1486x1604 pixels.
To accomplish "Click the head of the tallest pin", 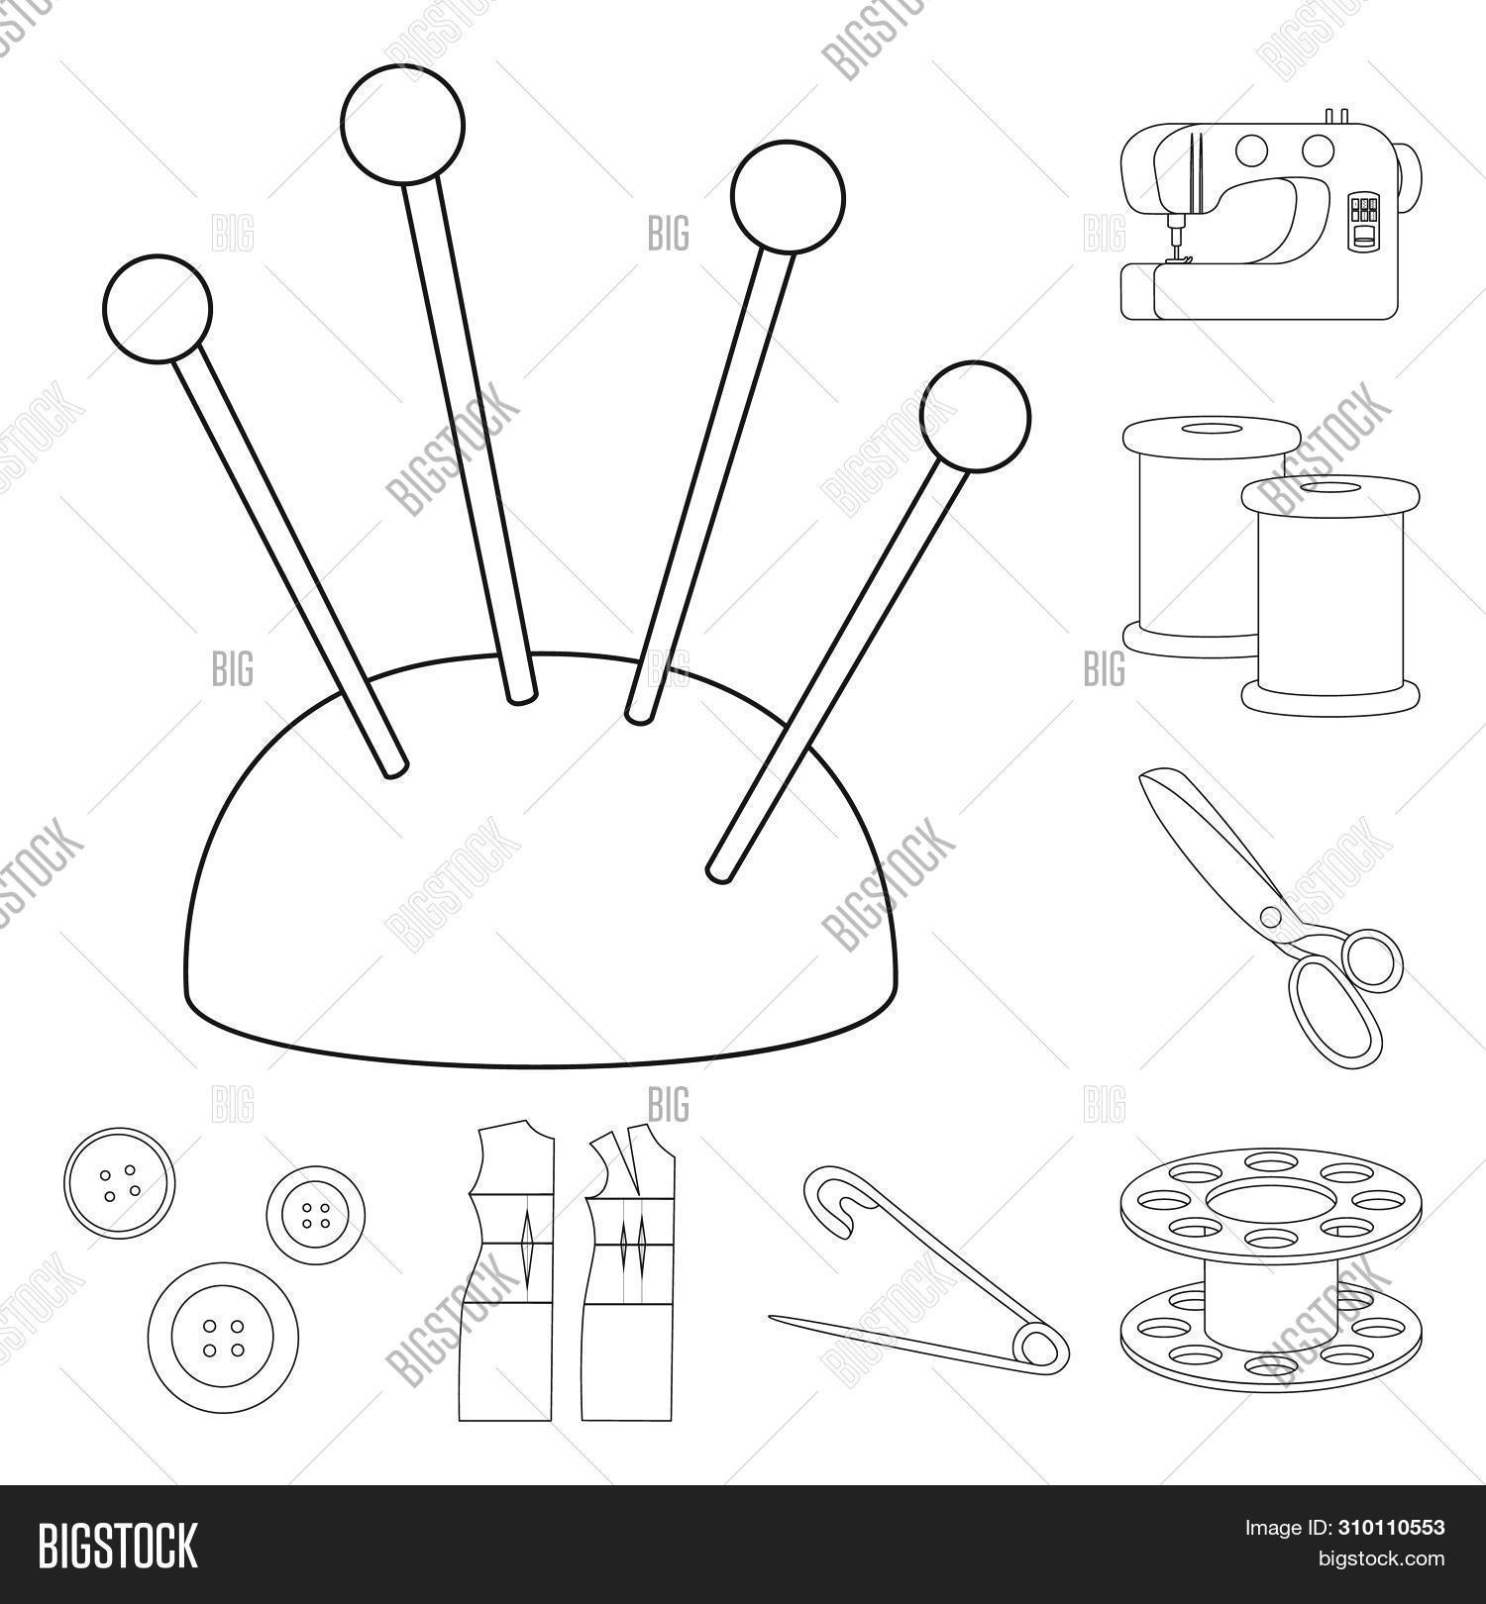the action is click(x=402, y=123).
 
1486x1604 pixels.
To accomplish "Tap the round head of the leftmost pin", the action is click(x=157, y=308).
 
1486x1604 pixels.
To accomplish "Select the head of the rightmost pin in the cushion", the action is click(x=975, y=415).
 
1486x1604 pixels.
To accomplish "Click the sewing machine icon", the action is click(x=1272, y=214).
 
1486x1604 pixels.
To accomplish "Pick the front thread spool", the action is click(x=1329, y=594).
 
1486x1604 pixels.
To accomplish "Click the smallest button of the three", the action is click(x=316, y=1215).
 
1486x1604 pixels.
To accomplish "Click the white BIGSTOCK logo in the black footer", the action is click(x=119, y=1546).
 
